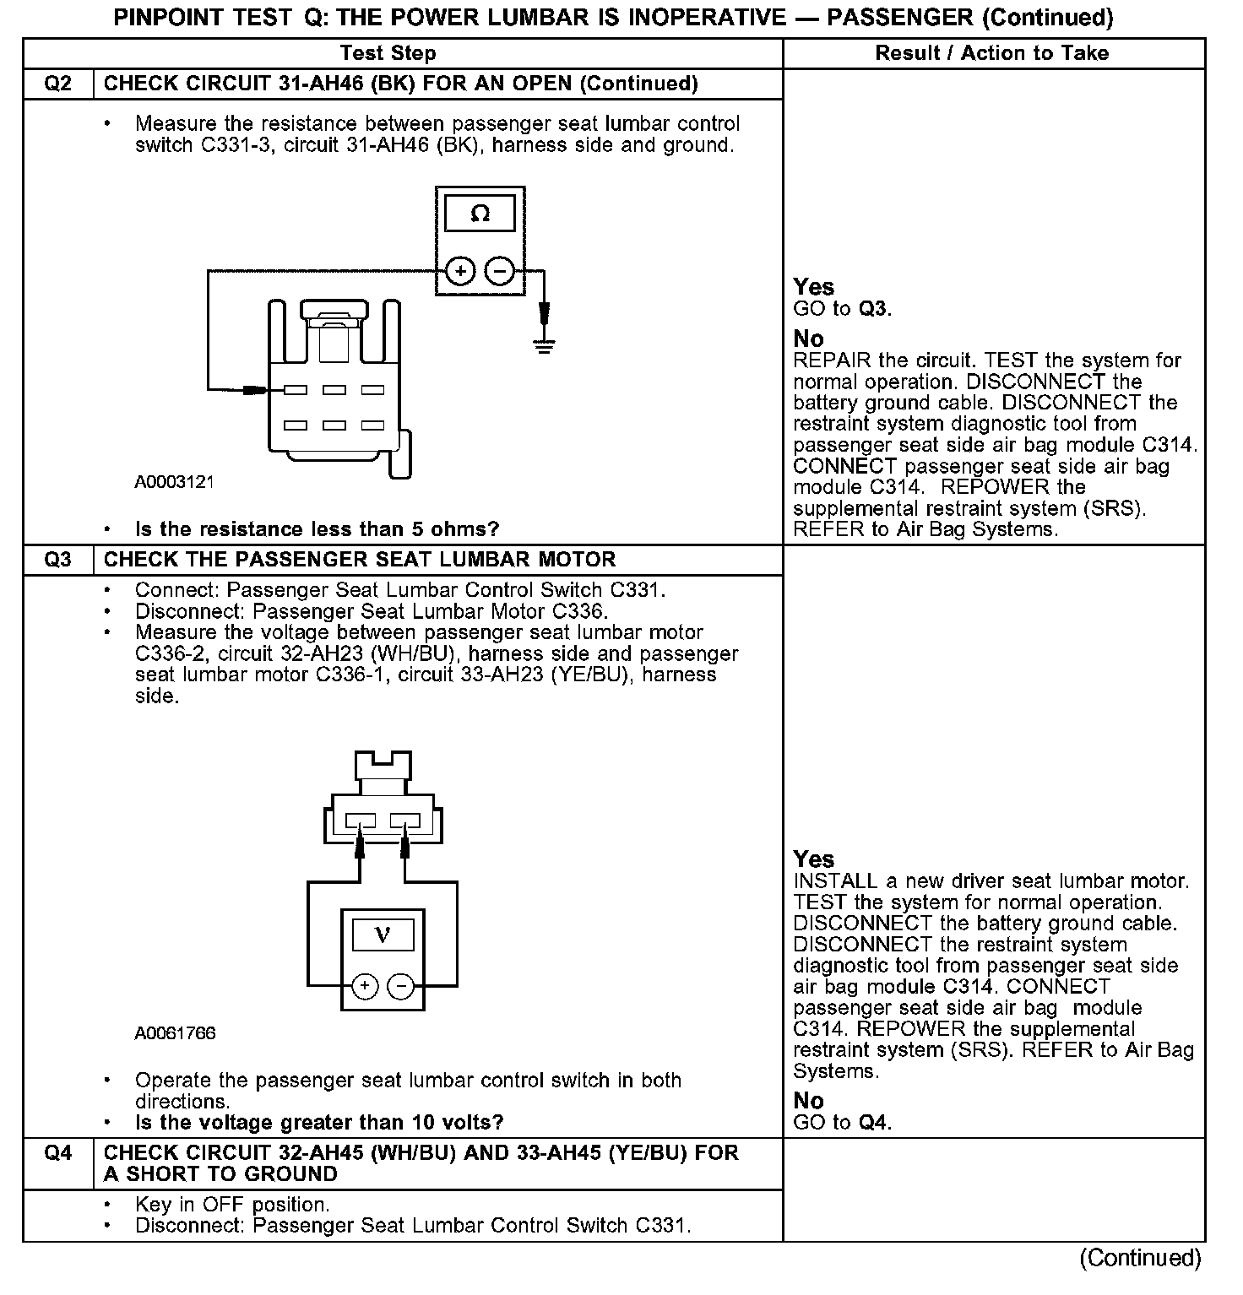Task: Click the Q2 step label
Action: [57, 84]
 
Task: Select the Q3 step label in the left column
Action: [57, 560]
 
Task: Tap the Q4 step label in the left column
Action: [57, 1153]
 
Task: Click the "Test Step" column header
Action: [388, 53]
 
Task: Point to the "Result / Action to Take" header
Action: [991, 53]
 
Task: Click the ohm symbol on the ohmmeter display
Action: [480, 214]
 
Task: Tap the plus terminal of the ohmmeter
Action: [460, 271]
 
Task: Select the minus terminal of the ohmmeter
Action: [500, 271]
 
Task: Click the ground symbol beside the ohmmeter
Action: [545, 344]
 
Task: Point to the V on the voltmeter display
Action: [383, 935]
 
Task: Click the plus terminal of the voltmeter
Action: [364, 985]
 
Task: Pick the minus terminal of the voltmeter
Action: [401, 985]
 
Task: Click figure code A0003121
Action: [174, 482]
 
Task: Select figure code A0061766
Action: [175, 1033]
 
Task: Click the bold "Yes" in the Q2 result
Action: [814, 287]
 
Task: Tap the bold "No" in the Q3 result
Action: [808, 1101]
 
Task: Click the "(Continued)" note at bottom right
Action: [1140, 1258]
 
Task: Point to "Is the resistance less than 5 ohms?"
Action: [317, 529]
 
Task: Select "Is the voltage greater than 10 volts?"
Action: [319, 1123]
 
